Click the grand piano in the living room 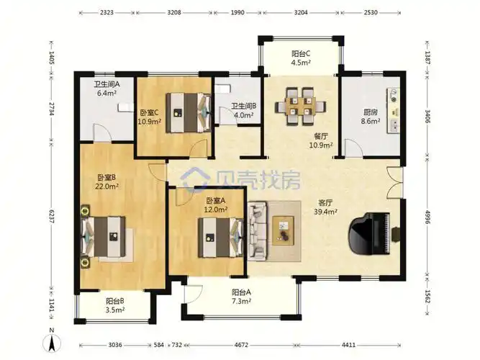(371, 234)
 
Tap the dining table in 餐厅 (300, 106)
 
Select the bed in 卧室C (189, 113)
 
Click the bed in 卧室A (221, 238)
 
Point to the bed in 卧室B (103, 236)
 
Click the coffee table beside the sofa (283, 230)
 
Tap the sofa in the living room (256, 231)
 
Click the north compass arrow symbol (52, 343)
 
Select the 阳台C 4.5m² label (301, 58)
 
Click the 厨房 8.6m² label (371, 117)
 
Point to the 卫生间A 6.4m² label (107, 89)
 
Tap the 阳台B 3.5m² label (115, 305)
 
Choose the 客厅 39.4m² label (326, 207)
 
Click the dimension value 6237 (51, 217)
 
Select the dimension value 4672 (241, 345)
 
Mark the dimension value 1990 (237, 12)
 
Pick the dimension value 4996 (428, 217)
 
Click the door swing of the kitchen (353, 148)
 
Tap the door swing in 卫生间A (103, 133)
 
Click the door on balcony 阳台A (193, 294)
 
